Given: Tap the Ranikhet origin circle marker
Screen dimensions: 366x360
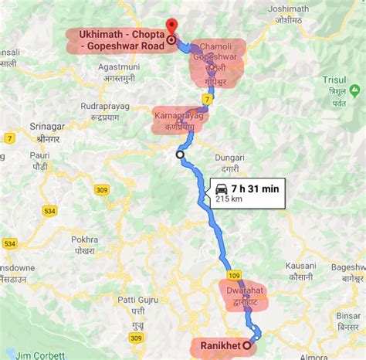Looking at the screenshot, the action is point(246,346).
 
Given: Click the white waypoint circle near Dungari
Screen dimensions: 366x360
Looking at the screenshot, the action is point(180,155).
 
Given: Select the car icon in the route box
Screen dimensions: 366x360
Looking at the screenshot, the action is point(220,187).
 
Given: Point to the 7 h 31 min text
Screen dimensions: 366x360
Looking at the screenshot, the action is point(255,187).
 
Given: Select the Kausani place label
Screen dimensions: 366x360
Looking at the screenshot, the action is point(299,266).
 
